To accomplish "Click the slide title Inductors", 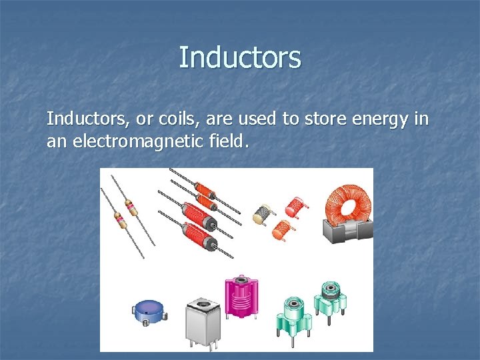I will tap(240, 57).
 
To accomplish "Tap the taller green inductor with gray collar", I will tap(329, 297).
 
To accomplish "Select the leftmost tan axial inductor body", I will tap(120, 219).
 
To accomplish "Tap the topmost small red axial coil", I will tap(203, 189).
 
